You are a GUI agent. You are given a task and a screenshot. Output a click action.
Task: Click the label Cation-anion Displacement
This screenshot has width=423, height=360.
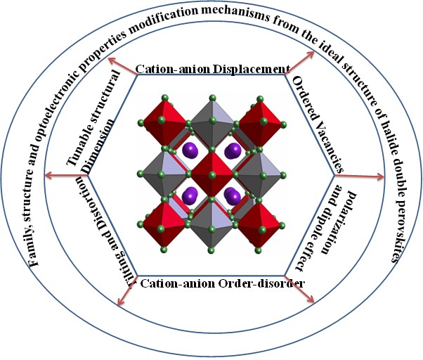pyautogui.click(x=212, y=70)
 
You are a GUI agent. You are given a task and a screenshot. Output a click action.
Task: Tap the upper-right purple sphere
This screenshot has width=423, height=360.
pyautogui.click(x=233, y=150)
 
